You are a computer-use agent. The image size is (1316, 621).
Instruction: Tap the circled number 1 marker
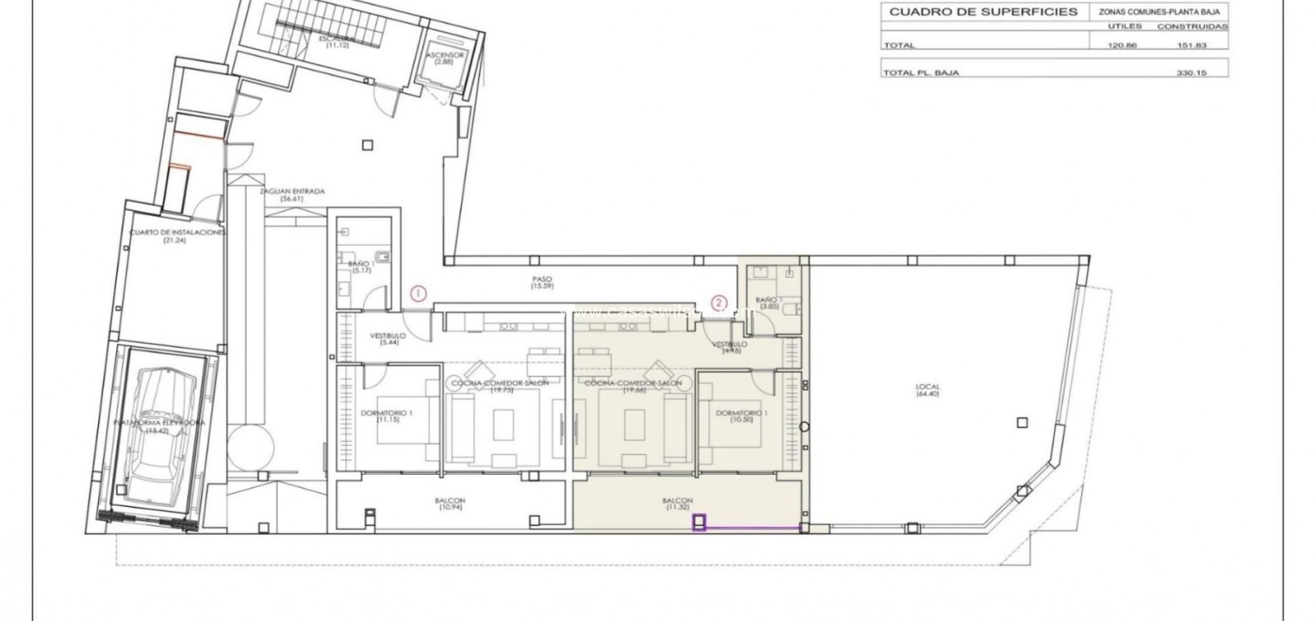click(x=418, y=293)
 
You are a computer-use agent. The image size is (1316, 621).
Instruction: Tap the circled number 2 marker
click(x=719, y=303)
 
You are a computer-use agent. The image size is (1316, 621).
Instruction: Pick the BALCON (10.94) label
click(x=452, y=505)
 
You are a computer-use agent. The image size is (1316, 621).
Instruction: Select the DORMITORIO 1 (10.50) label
click(x=741, y=416)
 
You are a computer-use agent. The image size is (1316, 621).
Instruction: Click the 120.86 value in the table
click(x=1122, y=46)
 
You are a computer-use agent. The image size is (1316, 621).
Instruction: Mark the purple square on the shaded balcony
click(x=700, y=523)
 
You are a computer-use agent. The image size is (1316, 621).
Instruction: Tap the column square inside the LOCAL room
click(x=1021, y=422)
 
